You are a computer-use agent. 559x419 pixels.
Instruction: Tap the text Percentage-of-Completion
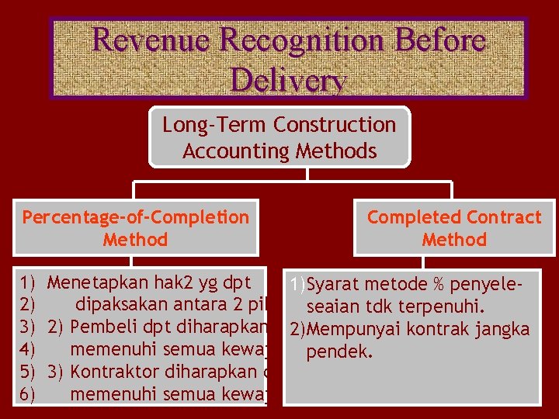pyautogui.click(x=136, y=217)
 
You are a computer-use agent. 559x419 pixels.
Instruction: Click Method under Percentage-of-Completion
pyautogui.click(x=135, y=240)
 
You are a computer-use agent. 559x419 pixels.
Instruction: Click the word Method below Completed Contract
pyautogui.click(x=454, y=240)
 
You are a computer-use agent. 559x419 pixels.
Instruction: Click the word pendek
pyautogui.click(x=340, y=352)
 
